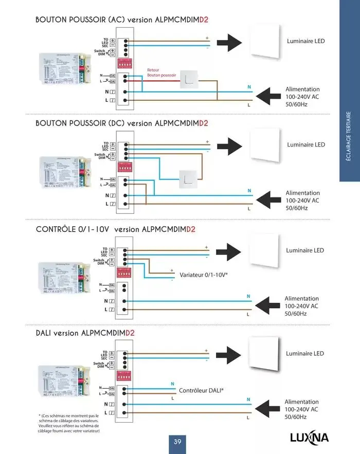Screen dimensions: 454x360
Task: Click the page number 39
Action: [177, 442]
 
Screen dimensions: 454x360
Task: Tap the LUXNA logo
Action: [309, 438]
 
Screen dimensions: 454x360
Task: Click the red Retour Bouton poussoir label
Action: [161, 72]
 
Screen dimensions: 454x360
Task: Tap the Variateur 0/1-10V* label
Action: [204, 275]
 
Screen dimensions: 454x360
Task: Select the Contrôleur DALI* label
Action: [201, 390]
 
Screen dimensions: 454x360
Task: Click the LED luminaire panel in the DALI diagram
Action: [263, 354]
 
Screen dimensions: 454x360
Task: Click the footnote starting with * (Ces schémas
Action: [68, 423]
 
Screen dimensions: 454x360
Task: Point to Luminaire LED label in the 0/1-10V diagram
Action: [305, 250]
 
